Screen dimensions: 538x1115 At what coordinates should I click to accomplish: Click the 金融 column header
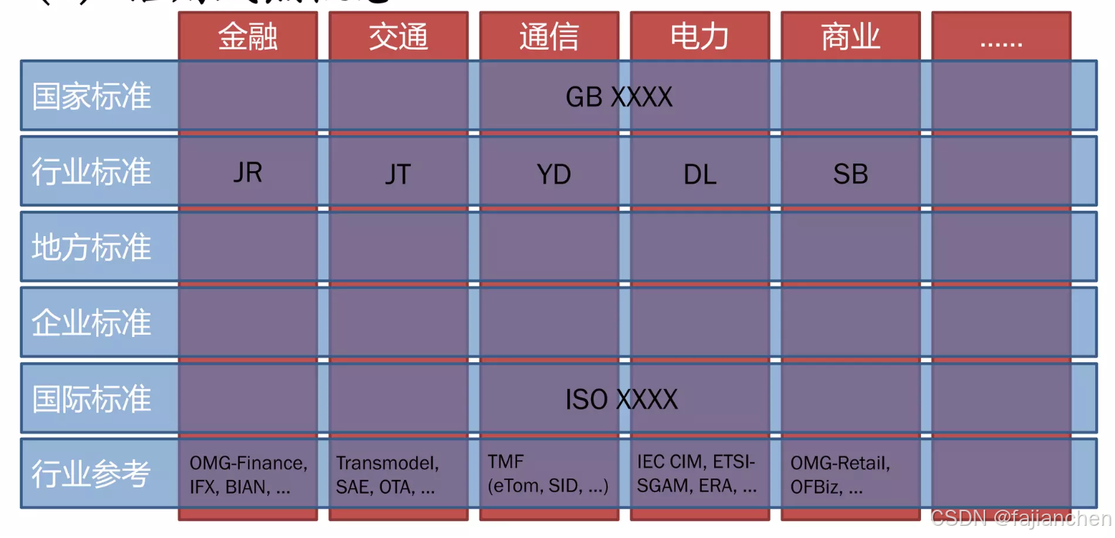tap(247, 37)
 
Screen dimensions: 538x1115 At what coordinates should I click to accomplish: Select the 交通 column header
tap(398, 37)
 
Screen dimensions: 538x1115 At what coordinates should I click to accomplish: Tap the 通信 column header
tap(548, 37)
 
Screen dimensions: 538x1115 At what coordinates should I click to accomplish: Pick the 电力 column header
tap(700, 37)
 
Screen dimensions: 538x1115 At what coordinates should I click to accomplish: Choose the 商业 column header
tap(850, 37)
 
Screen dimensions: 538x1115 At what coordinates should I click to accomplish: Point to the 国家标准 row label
tap(92, 97)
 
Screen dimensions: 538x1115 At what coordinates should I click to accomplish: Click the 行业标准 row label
tap(92, 172)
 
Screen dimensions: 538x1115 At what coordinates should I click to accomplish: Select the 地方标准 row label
tap(92, 248)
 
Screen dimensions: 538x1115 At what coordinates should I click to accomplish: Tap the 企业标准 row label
tap(92, 322)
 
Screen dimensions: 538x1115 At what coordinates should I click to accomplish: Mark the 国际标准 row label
tap(92, 398)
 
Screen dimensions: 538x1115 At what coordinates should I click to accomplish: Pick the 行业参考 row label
tap(92, 474)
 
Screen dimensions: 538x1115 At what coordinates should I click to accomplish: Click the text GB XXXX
tap(619, 97)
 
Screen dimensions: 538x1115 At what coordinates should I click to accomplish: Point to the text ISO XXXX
tap(621, 399)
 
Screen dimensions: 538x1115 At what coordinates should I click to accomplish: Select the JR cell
tap(247, 173)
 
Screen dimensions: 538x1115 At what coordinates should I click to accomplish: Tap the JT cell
tap(397, 174)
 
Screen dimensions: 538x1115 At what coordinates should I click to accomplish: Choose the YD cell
tap(553, 174)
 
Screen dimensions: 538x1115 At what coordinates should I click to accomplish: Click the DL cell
tap(700, 174)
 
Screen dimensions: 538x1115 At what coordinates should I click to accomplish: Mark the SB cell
tap(850, 174)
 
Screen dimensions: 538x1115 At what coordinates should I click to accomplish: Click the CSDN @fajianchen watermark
tap(1020, 518)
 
